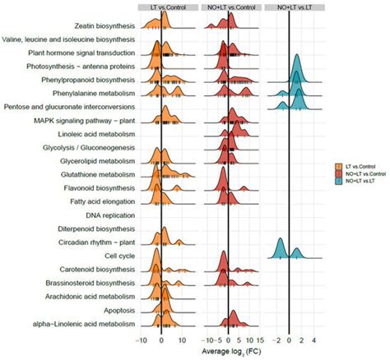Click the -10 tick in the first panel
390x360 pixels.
[142, 338]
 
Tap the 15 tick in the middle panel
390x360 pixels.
[259, 338]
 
